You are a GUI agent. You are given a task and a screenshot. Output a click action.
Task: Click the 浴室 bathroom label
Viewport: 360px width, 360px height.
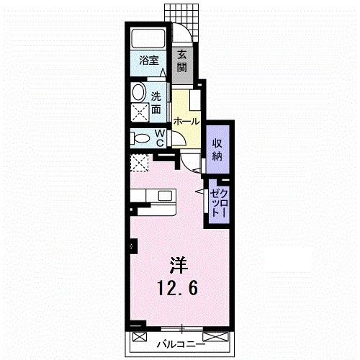(149, 60)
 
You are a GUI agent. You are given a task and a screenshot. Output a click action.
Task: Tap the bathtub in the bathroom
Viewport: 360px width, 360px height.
(148, 39)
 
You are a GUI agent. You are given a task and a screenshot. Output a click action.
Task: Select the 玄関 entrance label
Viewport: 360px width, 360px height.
(182, 62)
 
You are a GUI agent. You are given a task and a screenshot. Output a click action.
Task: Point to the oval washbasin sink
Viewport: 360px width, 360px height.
(139, 92)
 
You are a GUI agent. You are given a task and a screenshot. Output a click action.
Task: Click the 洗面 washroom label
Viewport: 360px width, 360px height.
(156, 103)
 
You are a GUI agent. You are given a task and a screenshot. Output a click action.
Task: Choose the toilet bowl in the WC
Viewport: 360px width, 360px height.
(140, 139)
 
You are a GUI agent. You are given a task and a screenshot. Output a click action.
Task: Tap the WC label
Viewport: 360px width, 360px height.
(160, 138)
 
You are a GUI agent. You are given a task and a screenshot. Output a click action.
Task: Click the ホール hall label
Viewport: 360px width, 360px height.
(186, 122)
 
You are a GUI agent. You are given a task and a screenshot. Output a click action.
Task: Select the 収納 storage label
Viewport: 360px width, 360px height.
(217, 150)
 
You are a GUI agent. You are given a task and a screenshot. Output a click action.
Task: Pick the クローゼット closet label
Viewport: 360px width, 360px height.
(218, 203)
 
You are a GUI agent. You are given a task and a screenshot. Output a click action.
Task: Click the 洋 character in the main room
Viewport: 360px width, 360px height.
(179, 265)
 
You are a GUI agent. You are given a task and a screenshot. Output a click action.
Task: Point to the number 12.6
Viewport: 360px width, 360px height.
(178, 288)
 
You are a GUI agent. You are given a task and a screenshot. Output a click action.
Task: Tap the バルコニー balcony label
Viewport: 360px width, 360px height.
(181, 345)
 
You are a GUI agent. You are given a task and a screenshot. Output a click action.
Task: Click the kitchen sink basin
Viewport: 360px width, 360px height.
(165, 196)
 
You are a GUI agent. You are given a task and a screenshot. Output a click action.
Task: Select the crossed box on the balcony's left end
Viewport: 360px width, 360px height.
(140, 336)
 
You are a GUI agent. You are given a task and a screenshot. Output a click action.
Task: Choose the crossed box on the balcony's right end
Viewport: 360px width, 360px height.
(215, 336)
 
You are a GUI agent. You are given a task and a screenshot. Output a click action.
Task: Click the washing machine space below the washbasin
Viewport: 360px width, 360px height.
(140, 113)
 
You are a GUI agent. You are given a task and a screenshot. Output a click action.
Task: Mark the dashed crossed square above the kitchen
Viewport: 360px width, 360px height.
(140, 163)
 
